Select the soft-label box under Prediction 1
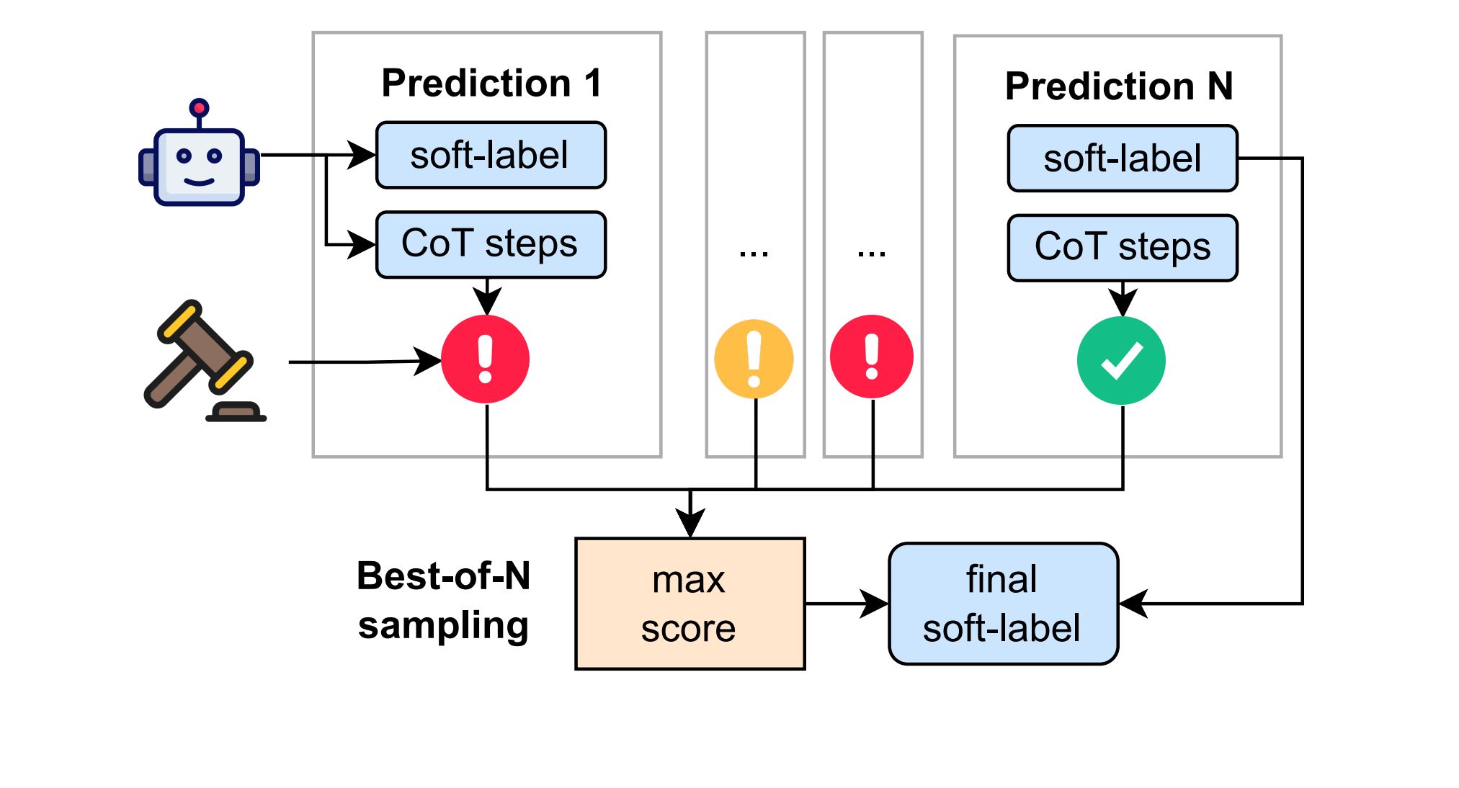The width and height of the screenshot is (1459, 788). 491,155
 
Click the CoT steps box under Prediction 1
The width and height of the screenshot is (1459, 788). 491,244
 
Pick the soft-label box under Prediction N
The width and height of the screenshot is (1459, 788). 1123,158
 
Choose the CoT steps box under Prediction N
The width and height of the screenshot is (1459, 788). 1123,248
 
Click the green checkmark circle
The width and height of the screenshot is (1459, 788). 1121,360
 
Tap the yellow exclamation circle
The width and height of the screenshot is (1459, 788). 754,359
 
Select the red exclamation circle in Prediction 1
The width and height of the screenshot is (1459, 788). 486,359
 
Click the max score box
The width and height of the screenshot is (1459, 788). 690,604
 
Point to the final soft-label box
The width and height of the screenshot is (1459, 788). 1004,604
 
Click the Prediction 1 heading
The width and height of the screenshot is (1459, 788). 491,83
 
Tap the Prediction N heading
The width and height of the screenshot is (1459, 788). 1119,86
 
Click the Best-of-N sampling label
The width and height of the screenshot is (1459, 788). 444,600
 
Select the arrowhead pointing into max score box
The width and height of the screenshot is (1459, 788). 690,522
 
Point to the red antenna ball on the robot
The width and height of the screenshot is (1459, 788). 199,108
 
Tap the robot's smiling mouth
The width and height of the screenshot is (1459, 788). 199,181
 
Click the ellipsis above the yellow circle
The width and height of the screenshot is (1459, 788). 754,253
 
